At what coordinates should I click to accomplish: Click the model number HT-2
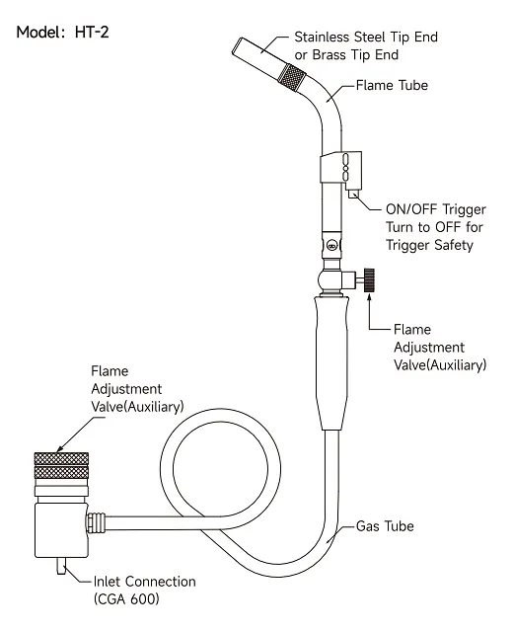point(92,32)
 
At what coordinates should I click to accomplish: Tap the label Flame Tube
point(392,86)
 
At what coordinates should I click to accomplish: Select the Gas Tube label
point(385,526)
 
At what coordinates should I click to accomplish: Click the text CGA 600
point(126,599)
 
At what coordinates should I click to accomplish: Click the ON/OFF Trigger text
point(436,209)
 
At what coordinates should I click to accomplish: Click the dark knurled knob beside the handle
point(369,280)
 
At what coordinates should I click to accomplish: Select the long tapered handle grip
point(331,362)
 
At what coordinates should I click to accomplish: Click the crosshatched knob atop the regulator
point(61,465)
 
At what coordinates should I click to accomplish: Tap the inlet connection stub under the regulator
point(61,566)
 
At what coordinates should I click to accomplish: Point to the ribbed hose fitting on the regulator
point(97,522)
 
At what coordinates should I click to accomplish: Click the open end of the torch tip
point(237,45)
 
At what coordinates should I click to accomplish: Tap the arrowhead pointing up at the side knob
point(369,297)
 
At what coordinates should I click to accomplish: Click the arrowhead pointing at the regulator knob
point(59,448)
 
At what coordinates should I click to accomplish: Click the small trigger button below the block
point(353,194)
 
